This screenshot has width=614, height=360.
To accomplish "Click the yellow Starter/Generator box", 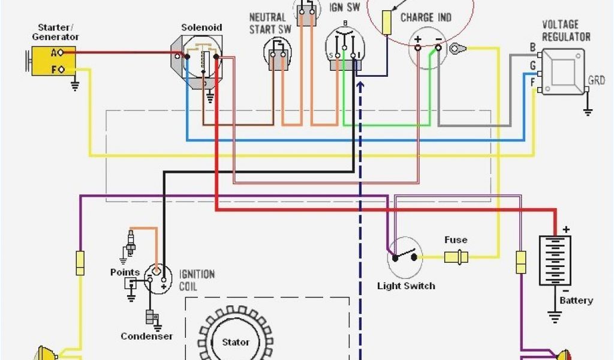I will tap(54, 61).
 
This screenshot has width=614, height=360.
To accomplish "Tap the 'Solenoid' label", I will tap(202, 28).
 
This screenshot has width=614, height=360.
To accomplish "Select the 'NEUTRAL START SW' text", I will tap(267, 23).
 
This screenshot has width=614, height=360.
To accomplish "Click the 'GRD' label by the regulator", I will tap(597, 80).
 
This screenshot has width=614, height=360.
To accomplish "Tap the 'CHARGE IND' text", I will tap(426, 17).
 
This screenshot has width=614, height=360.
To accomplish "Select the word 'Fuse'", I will tap(456, 240).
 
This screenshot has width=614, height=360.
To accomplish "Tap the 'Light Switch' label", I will tap(406, 286).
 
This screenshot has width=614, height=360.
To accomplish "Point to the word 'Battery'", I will tap(576, 300).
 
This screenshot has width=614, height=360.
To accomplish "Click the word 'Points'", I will tap(125, 272).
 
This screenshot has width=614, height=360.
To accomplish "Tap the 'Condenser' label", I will tap(147, 336).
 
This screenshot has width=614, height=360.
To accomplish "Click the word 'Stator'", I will tap(236, 342).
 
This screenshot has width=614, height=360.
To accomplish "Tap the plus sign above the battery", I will tap(565, 229).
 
